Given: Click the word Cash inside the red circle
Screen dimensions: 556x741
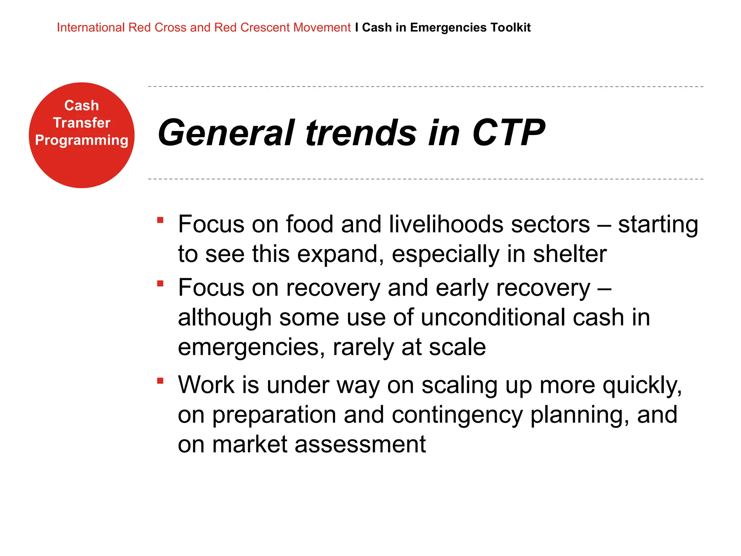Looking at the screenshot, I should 81,105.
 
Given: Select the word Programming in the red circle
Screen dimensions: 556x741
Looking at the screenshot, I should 81,140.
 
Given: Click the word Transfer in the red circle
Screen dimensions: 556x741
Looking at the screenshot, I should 81,123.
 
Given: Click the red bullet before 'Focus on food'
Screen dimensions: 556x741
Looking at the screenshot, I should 160,220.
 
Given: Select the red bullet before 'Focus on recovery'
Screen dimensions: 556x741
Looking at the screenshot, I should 160,283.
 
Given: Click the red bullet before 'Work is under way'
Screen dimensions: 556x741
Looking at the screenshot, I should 160,380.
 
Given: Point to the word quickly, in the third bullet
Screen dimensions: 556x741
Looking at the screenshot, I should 642,385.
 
